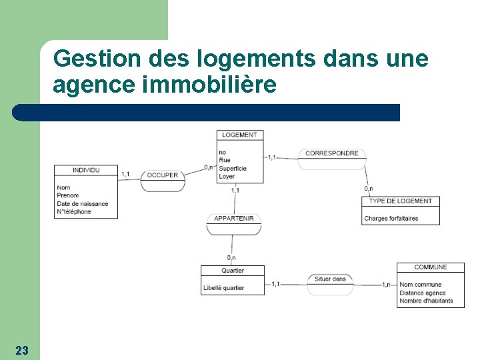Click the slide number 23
(22, 350)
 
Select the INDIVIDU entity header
(86, 170)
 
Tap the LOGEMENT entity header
(239, 135)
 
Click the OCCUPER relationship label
(163, 175)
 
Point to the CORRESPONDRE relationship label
(331, 153)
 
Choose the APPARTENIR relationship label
(233, 219)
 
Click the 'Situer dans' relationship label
(330, 279)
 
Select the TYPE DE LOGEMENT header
(401, 201)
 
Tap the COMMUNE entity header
(431, 267)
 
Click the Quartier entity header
(233, 271)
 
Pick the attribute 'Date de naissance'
(83, 204)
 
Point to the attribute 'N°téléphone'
(74, 212)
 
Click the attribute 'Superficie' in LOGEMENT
(233, 169)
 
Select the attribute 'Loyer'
(227, 177)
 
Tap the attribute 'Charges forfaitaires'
(391, 219)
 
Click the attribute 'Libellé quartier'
(224, 288)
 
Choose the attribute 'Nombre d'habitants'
(426, 301)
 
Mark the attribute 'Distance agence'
(423, 293)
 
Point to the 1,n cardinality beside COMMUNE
(386, 285)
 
